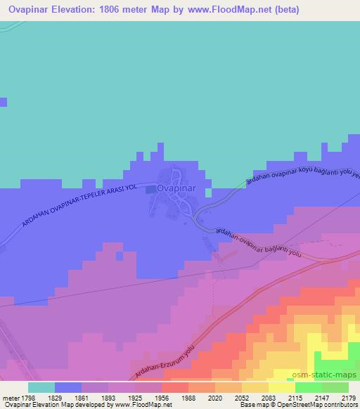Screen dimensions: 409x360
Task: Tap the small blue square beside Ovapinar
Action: (150, 188)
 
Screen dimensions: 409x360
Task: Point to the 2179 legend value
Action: (348, 397)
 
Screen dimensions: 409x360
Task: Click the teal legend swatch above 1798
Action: (41, 387)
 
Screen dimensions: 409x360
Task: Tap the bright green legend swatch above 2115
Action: (309, 387)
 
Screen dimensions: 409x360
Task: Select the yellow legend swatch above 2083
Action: (282, 387)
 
